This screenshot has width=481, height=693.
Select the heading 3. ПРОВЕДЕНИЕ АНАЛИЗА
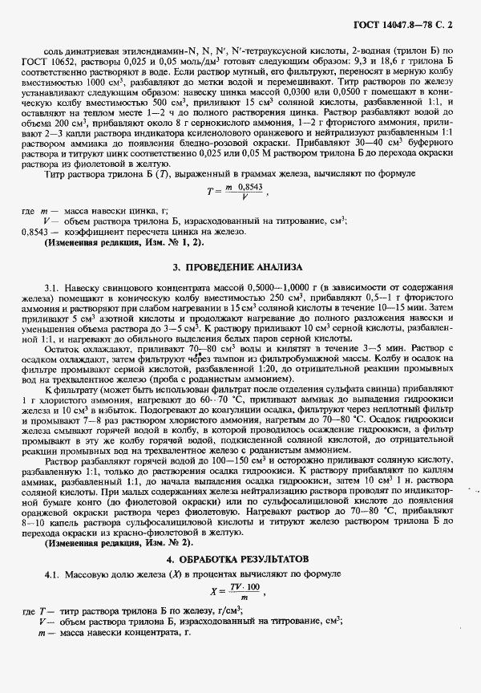point(239,265)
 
